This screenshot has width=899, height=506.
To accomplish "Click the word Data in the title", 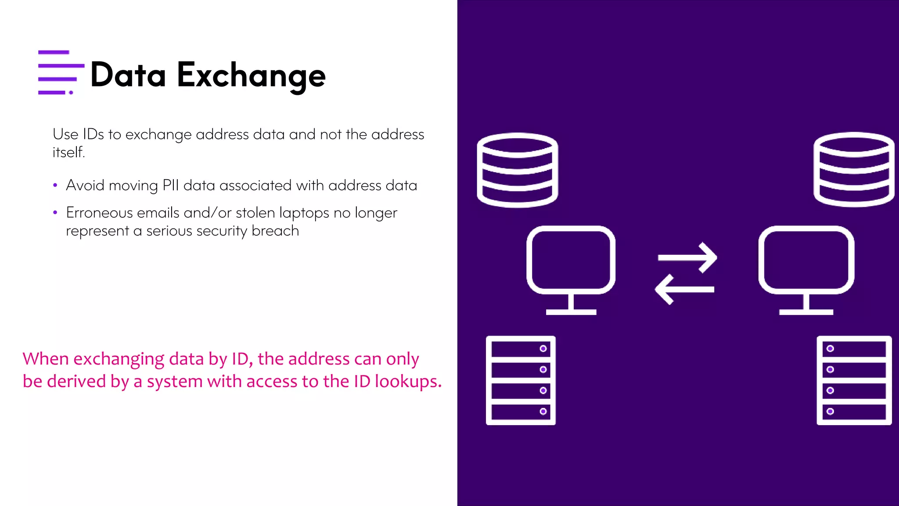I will (128, 76).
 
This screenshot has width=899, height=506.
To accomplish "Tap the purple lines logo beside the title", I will (61, 72).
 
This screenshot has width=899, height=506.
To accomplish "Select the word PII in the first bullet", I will (170, 185).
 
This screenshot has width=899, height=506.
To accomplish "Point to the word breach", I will (275, 231).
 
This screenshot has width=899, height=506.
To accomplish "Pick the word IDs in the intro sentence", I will (93, 134).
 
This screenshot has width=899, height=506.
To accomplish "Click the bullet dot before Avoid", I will (55, 185).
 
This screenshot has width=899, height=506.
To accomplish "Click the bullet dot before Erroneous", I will (55, 213).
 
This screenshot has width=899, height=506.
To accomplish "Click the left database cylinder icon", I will (517, 170).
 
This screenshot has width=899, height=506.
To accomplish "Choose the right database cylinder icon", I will (853, 169).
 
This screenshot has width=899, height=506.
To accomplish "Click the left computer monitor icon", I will (571, 269).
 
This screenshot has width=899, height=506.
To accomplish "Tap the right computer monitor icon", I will (806, 269).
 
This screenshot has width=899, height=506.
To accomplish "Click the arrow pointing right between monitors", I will (687, 257).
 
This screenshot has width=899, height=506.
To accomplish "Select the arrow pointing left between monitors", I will (684, 289).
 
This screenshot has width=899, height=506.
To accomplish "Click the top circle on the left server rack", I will (543, 348).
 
